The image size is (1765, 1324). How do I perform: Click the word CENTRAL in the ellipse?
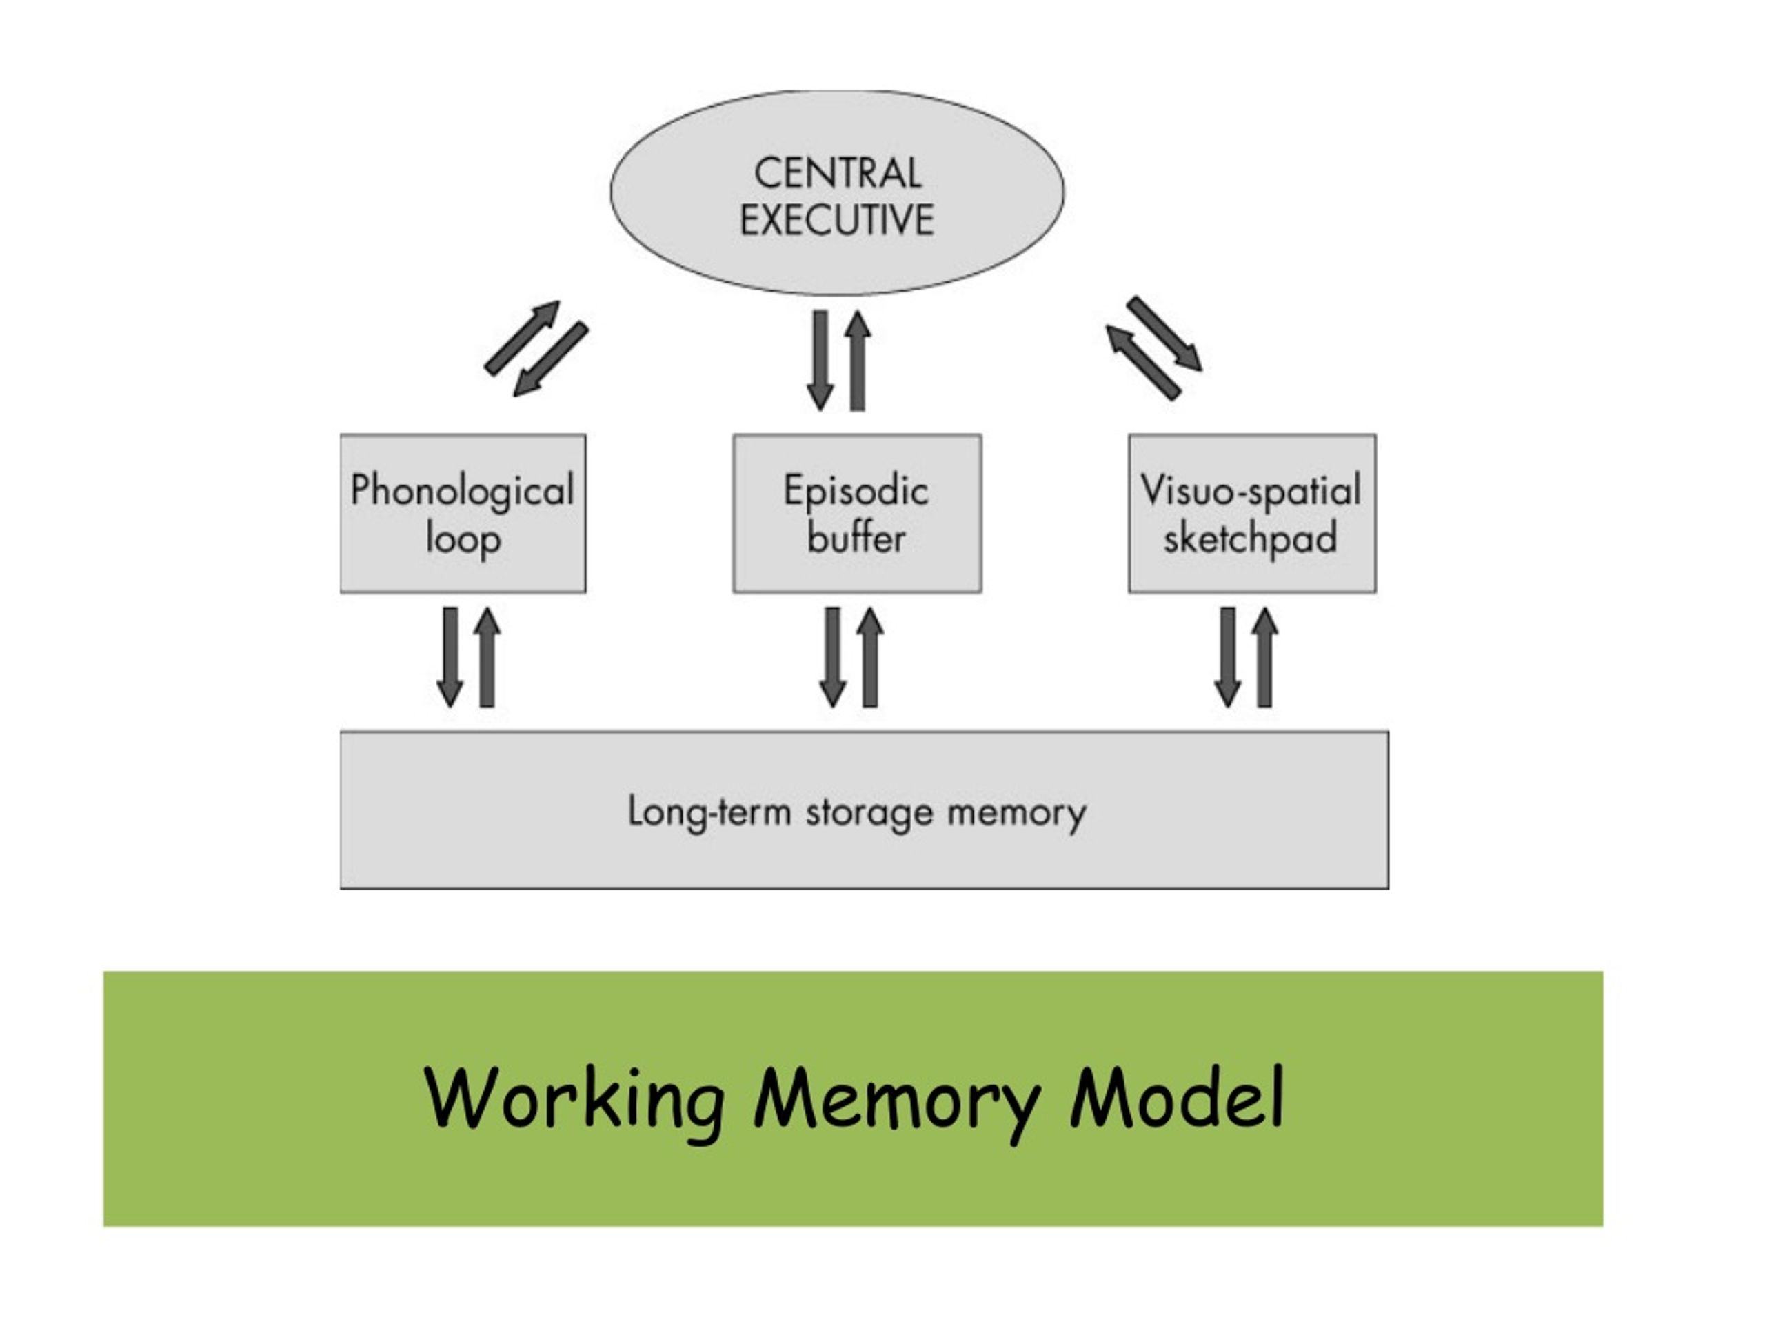(x=837, y=173)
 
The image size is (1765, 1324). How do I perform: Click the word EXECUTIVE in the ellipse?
(x=836, y=219)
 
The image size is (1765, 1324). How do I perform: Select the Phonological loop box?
(x=463, y=513)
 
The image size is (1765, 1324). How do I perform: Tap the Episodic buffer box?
(x=857, y=513)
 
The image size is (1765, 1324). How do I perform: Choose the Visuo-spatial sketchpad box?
(x=1252, y=513)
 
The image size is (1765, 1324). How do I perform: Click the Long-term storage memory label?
(x=857, y=812)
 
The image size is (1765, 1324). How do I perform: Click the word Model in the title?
(x=1177, y=1096)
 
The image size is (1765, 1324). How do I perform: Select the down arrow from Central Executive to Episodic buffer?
(x=820, y=361)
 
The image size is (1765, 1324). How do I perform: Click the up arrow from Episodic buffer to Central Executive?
(x=858, y=361)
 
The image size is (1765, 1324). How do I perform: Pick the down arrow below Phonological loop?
(x=450, y=656)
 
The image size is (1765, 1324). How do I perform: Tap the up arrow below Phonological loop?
(x=487, y=656)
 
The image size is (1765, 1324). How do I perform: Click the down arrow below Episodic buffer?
(x=833, y=656)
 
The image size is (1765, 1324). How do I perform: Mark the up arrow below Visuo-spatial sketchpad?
(x=1264, y=656)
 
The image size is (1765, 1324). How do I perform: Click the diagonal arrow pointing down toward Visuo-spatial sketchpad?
(x=1165, y=334)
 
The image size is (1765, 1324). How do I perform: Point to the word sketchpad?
(x=1251, y=539)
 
